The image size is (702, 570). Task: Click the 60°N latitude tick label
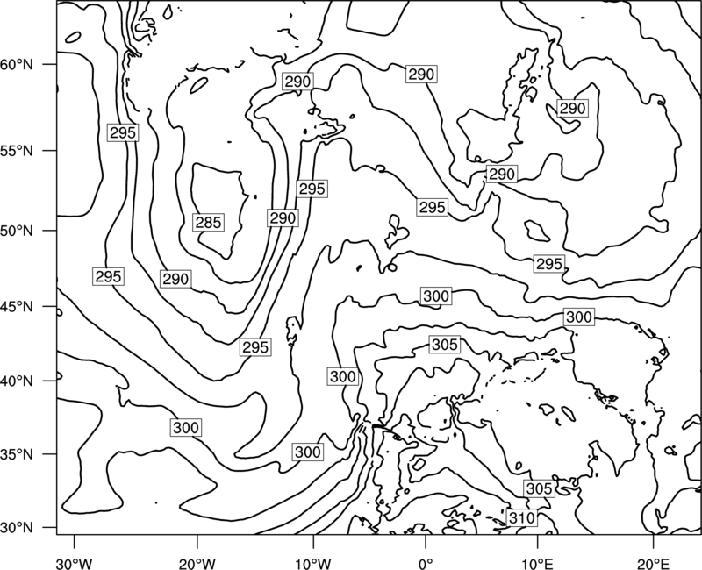pyautogui.click(x=17, y=64)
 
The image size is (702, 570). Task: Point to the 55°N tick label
pyautogui.click(x=17, y=150)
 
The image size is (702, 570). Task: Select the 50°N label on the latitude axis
pyautogui.click(x=17, y=231)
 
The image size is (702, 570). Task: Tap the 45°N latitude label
pyautogui.click(x=17, y=306)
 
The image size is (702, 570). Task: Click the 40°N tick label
pyautogui.click(x=17, y=381)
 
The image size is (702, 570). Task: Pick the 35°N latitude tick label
pyautogui.click(x=17, y=454)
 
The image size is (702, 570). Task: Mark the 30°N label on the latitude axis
pyautogui.click(x=17, y=528)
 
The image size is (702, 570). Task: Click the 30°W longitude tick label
pyautogui.click(x=75, y=563)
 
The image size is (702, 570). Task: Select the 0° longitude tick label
pyautogui.click(x=426, y=563)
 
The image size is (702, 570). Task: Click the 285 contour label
pyautogui.click(x=209, y=223)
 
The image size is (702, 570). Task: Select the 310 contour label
pyautogui.click(x=522, y=518)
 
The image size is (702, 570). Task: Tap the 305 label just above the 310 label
pyautogui.click(x=539, y=488)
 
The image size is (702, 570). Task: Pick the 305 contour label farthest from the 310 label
pyautogui.click(x=445, y=345)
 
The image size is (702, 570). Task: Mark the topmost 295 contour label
pyautogui.click(x=123, y=132)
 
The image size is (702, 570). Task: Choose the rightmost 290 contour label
pyautogui.click(x=573, y=108)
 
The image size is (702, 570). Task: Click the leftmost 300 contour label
pyautogui.click(x=186, y=428)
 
